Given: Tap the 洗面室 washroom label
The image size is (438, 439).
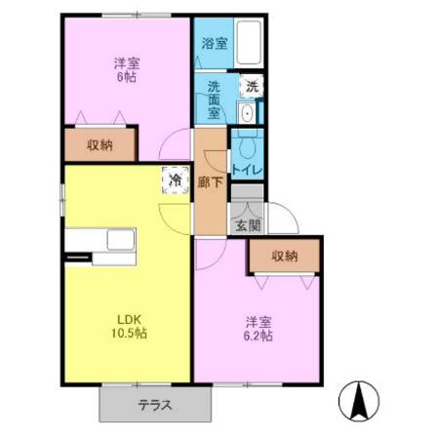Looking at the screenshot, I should (x=216, y=100).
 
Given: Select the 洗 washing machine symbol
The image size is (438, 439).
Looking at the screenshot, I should (x=251, y=86).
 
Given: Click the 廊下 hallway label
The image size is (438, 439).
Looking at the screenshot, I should (x=209, y=181).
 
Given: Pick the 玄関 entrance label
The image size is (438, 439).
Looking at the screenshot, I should (x=248, y=225).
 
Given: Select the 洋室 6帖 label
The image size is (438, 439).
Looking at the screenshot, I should (x=126, y=71).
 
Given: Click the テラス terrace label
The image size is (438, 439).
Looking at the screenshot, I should (x=155, y=406).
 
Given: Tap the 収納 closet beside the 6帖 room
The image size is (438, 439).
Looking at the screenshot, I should (x=99, y=145).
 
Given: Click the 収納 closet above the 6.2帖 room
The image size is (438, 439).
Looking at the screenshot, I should (x=284, y=256).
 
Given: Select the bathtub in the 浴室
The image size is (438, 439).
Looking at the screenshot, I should (x=248, y=44).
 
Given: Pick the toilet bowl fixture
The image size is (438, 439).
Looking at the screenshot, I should (x=245, y=146).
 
